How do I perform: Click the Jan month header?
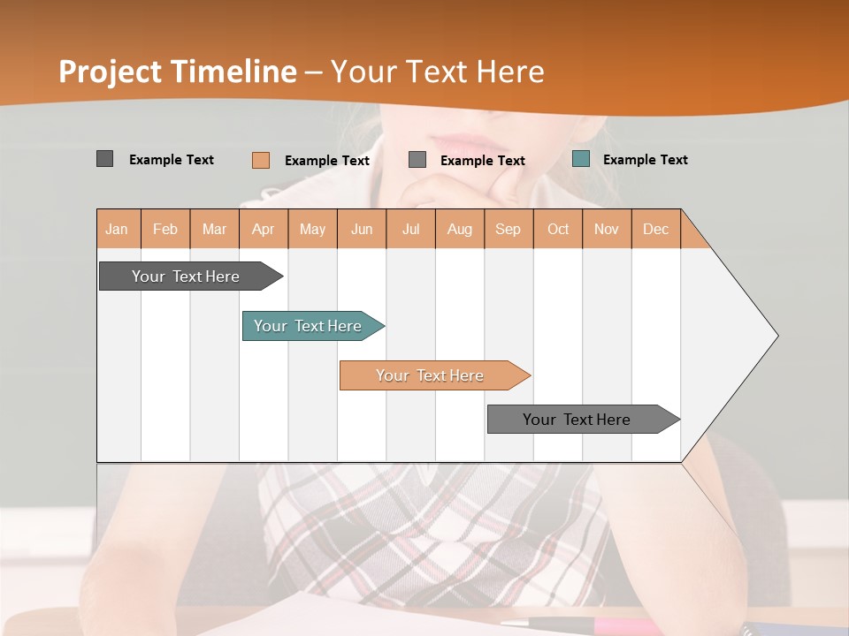coord(118,229)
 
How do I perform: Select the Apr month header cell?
coord(264,229)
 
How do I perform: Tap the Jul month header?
coord(410,229)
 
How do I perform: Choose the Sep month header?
coord(508,229)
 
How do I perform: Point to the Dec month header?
coord(655,229)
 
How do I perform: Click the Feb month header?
coord(165,229)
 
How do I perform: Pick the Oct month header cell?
coord(558,229)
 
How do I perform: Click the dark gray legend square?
coord(104,159)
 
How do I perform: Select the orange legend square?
coord(260,160)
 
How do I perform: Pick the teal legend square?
coord(580,159)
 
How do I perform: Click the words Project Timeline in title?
coord(178,72)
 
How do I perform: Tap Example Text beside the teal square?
coord(645,160)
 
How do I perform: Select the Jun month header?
coord(362,229)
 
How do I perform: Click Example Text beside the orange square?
coord(326,161)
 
